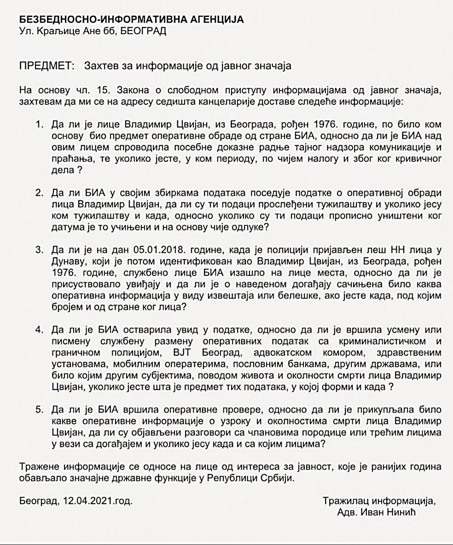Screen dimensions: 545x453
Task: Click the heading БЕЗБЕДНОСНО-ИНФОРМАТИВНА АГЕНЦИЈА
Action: coord(131,20)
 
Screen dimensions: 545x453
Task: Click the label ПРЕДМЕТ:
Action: coord(47,66)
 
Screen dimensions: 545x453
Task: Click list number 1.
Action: coord(39,125)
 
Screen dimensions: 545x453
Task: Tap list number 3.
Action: coord(39,250)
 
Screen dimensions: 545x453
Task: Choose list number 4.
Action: coord(39,330)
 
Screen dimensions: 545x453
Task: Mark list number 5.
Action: coord(39,409)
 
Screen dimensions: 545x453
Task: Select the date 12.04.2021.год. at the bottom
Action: coord(97,500)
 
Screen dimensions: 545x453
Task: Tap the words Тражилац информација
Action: coord(378,500)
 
